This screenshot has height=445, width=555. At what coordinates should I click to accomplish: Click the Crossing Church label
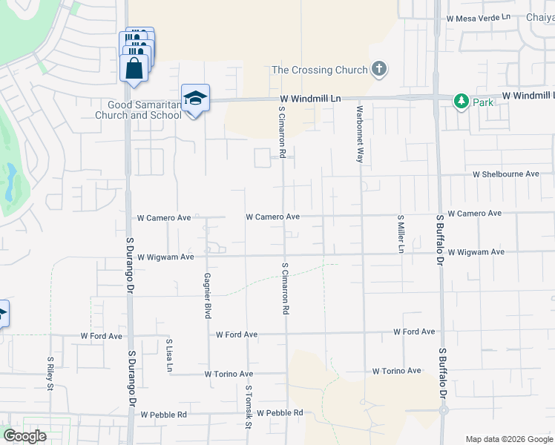point(320,70)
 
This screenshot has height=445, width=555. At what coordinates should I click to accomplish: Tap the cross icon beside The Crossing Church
point(379,70)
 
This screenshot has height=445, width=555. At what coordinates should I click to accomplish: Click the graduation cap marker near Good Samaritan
point(196,99)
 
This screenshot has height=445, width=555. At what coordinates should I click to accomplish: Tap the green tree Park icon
point(462,101)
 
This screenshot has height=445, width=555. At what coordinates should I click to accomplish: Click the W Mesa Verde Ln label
point(479,17)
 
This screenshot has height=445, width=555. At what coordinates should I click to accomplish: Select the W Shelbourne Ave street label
point(506,174)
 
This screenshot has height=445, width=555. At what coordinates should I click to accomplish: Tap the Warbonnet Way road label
point(359,134)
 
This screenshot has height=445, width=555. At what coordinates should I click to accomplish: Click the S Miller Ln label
point(400,234)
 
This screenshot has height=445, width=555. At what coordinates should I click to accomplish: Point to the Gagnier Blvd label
point(207,295)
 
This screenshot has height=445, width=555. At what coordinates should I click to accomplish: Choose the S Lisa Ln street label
point(169,354)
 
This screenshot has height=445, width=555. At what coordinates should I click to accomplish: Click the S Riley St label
point(50,374)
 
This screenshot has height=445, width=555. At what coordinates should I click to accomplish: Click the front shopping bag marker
point(134,68)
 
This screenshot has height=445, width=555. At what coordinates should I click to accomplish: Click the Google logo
point(24,436)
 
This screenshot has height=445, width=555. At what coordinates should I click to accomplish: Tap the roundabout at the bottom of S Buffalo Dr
point(444,409)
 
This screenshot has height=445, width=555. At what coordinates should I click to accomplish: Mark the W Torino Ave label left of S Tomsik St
point(229,375)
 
